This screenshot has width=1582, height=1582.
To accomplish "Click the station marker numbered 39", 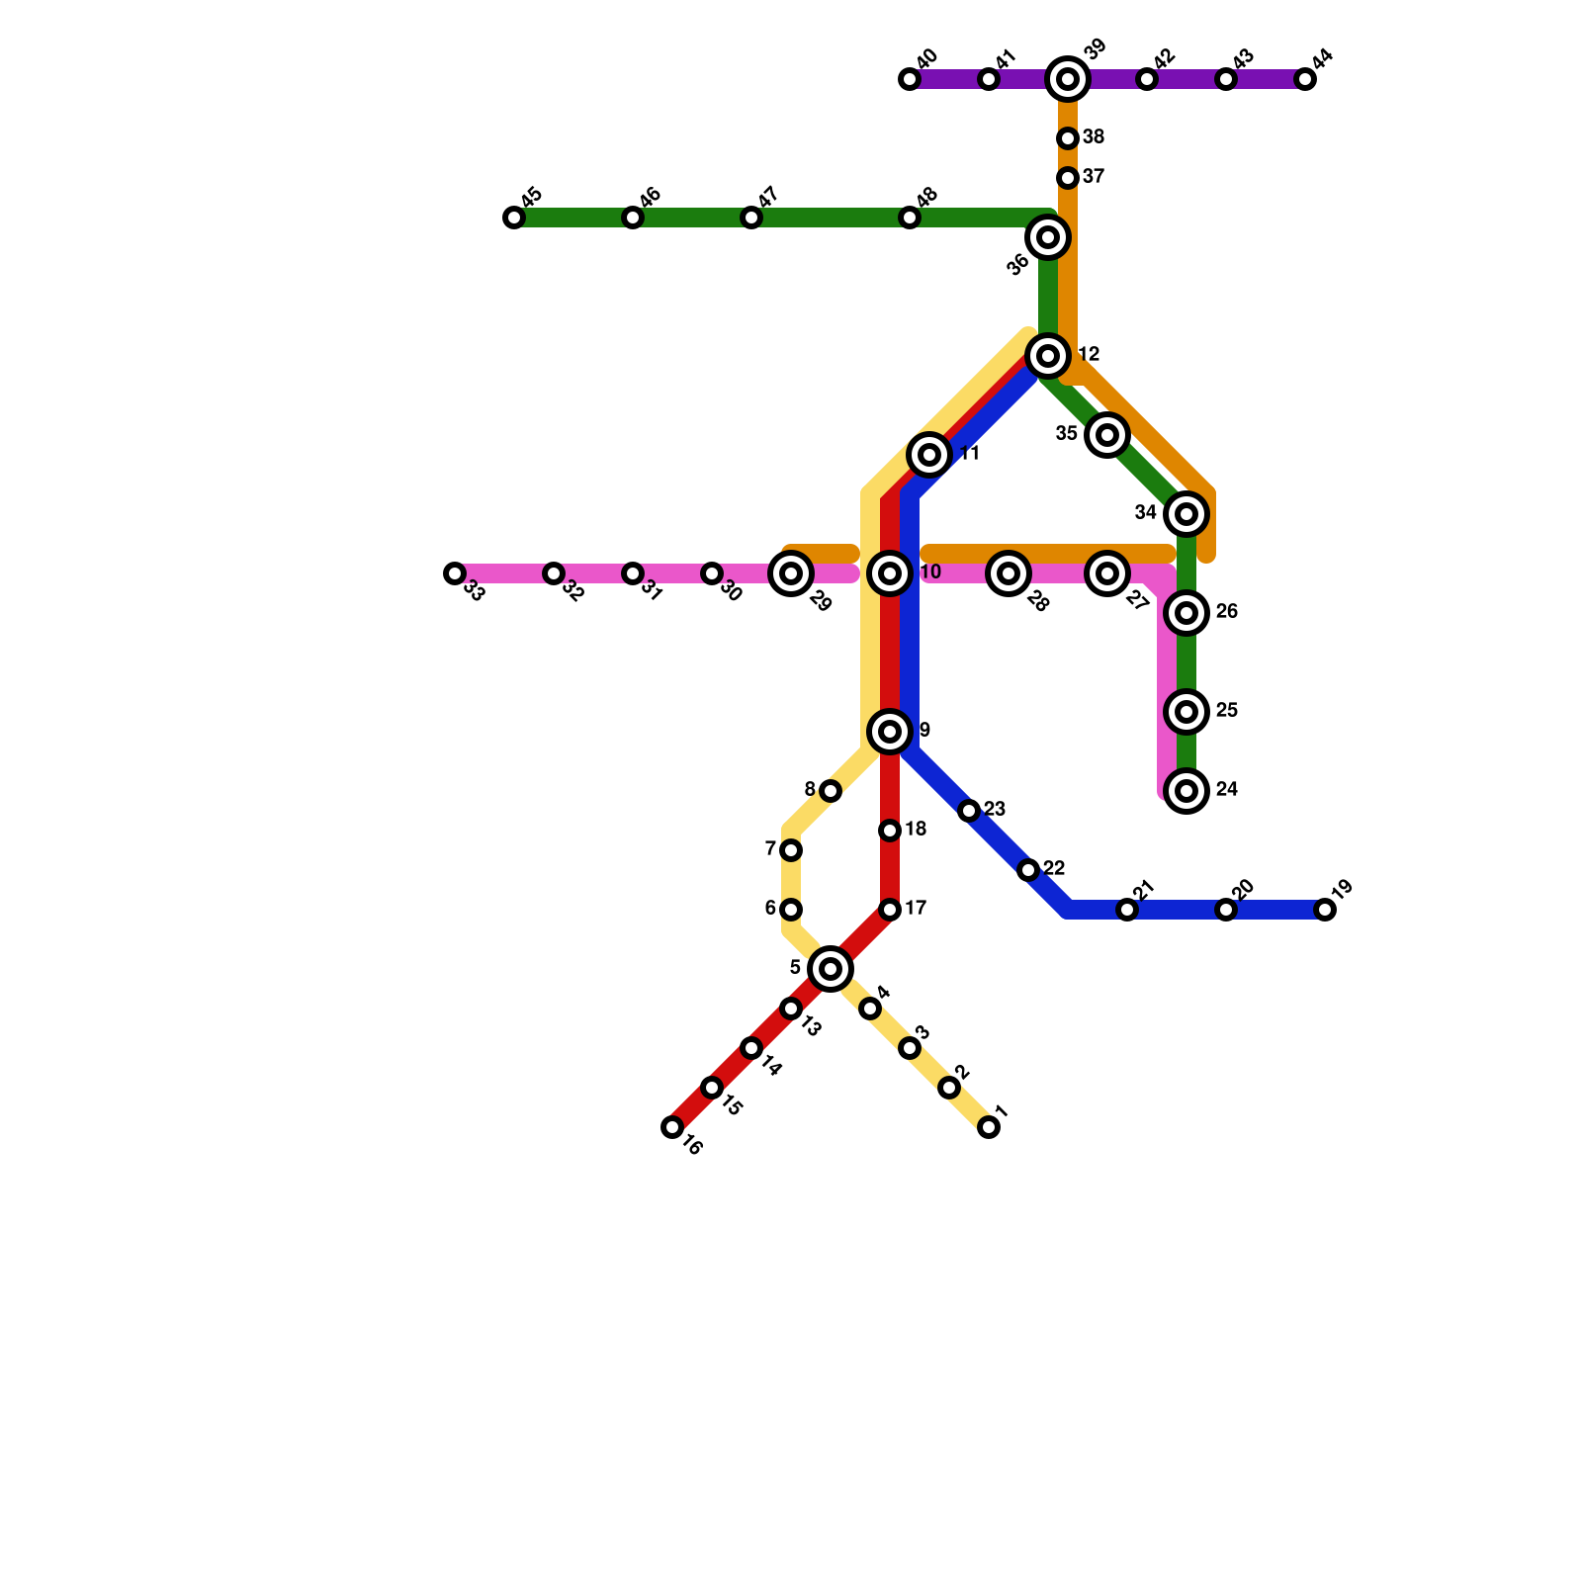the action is [1068, 79].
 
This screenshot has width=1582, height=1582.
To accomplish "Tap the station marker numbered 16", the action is [672, 1127].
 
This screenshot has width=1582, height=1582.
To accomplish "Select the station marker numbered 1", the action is [989, 1127].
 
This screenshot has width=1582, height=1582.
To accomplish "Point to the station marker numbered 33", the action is [455, 573].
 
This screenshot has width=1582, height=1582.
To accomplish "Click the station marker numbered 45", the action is [514, 218].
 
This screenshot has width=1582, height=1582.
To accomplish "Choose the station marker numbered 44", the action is [1305, 79].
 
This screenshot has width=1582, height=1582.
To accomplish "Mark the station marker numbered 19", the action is [1325, 910].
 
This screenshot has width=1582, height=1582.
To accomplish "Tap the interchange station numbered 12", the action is [1048, 356].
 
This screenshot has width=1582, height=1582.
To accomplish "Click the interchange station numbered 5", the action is [831, 969].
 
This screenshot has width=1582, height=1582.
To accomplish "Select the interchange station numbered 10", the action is [890, 573].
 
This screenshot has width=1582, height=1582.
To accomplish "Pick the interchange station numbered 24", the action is [1186, 791].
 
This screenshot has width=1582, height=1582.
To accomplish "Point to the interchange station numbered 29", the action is [791, 573].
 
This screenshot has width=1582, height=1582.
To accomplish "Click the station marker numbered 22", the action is [1028, 870].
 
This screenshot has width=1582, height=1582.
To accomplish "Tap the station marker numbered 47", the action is [751, 218].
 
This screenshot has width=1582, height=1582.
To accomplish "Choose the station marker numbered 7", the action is [791, 850].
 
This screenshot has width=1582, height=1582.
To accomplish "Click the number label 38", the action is [1094, 137].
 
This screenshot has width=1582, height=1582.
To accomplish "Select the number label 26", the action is [1227, 612].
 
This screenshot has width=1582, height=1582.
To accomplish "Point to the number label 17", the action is [916, 909].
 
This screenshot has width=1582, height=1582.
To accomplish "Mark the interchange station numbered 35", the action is [1107, 435].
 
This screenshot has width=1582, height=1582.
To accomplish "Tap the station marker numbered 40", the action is [910, 79].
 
